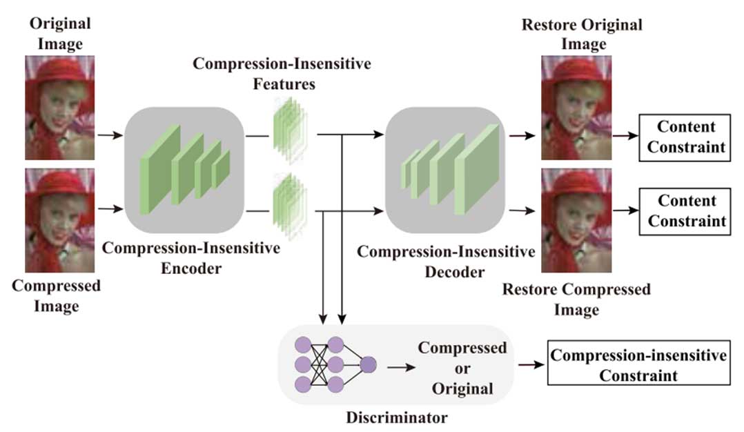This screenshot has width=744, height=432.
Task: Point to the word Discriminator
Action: coord(397,418)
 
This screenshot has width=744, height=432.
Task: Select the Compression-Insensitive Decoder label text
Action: coord(445,262)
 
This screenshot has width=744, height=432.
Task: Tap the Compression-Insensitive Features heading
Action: coord(282,74)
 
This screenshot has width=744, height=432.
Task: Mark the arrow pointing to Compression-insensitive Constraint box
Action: coord(530,366)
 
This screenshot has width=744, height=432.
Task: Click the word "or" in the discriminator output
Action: coord(462,368)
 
